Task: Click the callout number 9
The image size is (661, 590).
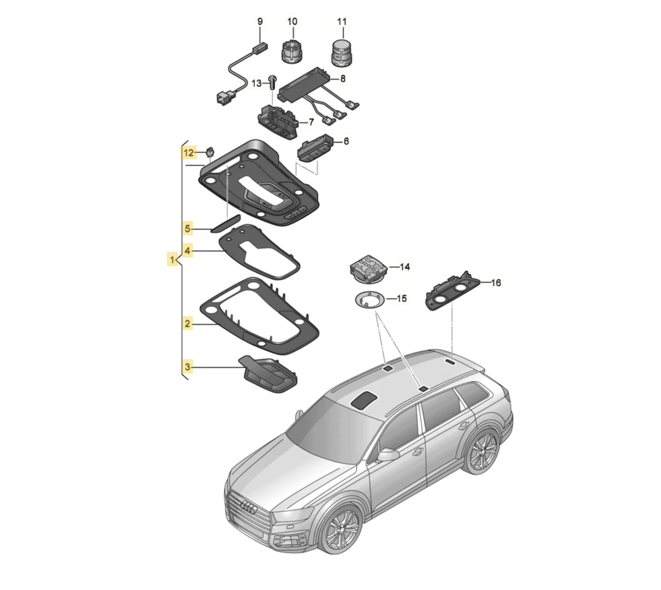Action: point(259,21)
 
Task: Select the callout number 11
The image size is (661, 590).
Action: point(342,21)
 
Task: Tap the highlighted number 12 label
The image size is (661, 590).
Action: point(189,153)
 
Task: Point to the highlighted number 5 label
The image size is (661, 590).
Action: point(187,229)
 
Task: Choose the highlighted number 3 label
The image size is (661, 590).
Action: point(187,366)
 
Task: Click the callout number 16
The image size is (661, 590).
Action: point(496,283)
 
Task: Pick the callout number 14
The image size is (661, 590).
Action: point(404,267)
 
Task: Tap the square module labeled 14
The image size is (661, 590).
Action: point(369,269)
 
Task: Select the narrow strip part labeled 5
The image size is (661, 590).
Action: point(225,224)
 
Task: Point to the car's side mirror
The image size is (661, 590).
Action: point(388,454)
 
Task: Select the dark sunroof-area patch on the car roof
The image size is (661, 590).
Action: point(365,400)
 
